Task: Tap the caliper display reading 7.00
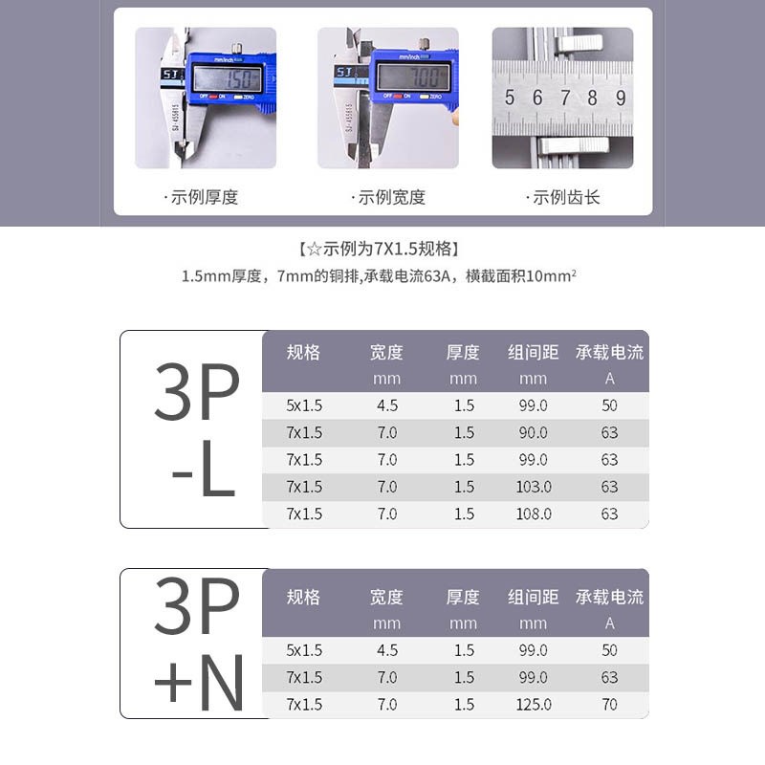[413, 77]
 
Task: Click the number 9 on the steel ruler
[621, 98]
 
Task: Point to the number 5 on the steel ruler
[510, 98]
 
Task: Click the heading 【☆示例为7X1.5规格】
[382, 250]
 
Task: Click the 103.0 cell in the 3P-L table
[534, 487]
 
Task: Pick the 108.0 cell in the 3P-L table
[534, 514]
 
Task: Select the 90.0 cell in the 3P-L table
[534, 432]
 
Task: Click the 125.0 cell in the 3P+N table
[534, 705]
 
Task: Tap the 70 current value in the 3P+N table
[610, 705]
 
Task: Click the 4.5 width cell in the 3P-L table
[387, 405]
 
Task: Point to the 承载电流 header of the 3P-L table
[610, 352]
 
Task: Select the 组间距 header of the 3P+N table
[534, 598]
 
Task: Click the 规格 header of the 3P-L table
[303, 352]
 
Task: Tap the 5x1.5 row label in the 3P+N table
[305, 650]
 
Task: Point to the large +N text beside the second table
[199, 681]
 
